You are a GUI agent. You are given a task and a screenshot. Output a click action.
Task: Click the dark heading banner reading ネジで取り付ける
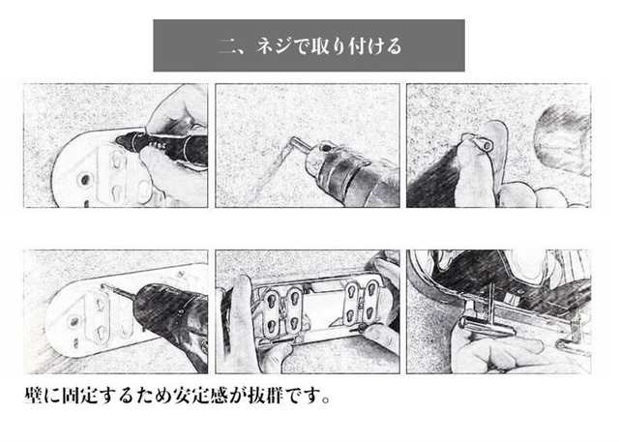tap(309, 45)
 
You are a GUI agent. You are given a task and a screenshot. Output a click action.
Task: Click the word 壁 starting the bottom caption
tap(32, 398)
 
